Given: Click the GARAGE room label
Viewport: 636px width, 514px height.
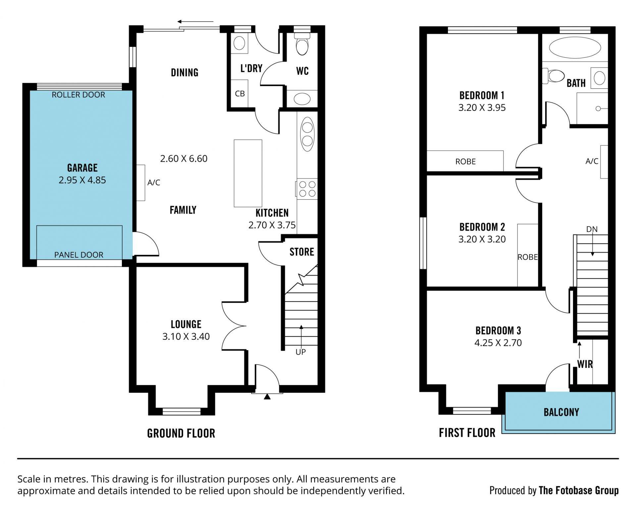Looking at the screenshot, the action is pyautogui.click(x=82, y=168).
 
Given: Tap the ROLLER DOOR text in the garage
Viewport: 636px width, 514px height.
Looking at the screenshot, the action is pyautogui.click(x=79, y=95).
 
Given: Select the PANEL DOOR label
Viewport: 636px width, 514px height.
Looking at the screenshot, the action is pyautogui.click(x=79, y=255).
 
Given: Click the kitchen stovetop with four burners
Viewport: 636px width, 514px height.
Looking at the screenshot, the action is pyautogui.click(x=307, y=189).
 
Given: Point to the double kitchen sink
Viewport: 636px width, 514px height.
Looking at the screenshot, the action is pyautogui.click(x=307, y=134).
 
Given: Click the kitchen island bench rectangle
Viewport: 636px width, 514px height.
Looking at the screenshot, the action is pyautogui.click(x=248, y=173).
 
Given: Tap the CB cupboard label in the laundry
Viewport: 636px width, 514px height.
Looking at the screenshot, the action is pyautogui.click(x=240, y=94).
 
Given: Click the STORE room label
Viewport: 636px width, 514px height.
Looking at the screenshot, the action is pyautogui.click(x=302, y=252).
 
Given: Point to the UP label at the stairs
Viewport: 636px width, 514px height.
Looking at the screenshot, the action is pyautogui.click(x=301, y=352).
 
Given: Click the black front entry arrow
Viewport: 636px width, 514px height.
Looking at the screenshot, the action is pyautogui.click(x=267, y=396).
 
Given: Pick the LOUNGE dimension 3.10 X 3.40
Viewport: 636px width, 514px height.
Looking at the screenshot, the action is pyautogui.click(x=186, y=336).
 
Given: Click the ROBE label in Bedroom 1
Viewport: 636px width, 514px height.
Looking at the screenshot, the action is pyautogui.click(x=465, y=162).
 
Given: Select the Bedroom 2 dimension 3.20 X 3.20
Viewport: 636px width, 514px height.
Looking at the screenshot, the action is pyautogui.click(x=482, y=239).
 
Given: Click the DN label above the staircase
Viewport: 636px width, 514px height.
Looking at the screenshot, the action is pyautogui.click(x=592, y=229).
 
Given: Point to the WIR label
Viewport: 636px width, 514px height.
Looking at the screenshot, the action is pyautogui.click(x=585, y=364).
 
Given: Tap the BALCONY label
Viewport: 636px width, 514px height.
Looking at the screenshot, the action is pyautogui.click(x=561, y=412).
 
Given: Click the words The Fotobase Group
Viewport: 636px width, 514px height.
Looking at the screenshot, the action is pyautogui.click(x=579, y=490).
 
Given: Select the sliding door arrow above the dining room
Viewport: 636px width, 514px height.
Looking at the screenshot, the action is pyautogui.click(x=195, y=22).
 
